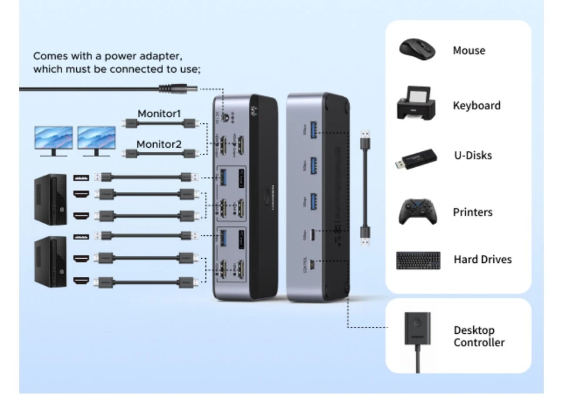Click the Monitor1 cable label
point(159,113)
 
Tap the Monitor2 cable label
point(159,144)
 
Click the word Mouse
point(469,50)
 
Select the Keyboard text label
point(476,106)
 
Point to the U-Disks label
point(472,155)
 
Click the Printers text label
point(472,212)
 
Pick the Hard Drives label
point(482,259)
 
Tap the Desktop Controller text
point(479,337)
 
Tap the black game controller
point(417,212)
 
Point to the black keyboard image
point(418,260)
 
